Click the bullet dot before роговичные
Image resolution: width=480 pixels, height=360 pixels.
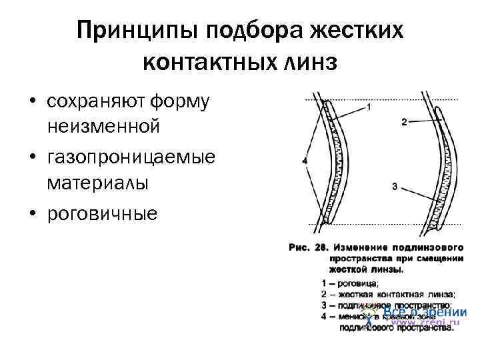[31, 213]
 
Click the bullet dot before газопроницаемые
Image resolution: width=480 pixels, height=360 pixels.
[31, 157]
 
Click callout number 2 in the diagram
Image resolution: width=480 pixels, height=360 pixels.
[404, 122]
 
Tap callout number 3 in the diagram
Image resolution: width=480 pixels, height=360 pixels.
[395, 187]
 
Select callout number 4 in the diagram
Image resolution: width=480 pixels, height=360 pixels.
[304, 161]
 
